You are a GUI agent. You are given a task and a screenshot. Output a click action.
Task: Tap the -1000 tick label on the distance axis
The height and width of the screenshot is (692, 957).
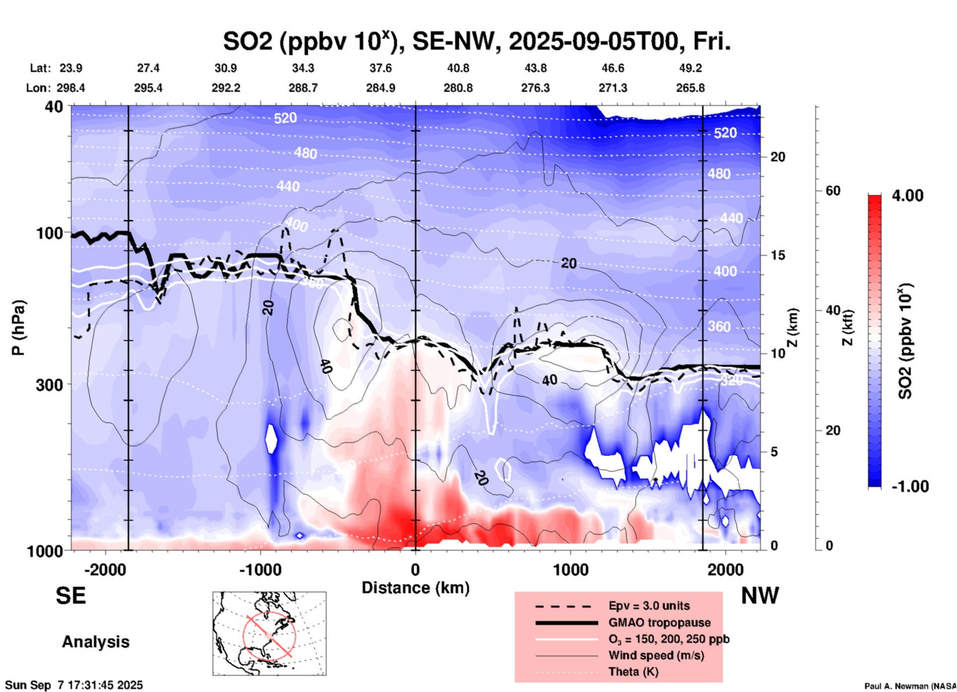coord(260,569)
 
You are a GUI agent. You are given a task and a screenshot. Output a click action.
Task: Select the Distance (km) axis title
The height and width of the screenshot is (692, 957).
coord(415,588)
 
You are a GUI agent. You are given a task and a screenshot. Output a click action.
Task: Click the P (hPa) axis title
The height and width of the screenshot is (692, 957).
coord(18,328)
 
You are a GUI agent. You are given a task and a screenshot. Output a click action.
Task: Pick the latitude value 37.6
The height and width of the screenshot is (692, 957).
coord(381,68)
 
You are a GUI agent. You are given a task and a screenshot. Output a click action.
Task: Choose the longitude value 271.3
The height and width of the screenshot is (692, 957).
coord(613,88)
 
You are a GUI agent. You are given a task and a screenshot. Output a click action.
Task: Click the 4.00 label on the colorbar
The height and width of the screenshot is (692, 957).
coord(907,196)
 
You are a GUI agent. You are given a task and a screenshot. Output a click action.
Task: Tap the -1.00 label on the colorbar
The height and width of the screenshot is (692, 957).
coord(910,486)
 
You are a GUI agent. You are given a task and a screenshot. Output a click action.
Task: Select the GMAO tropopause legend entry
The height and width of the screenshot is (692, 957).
coord(659,623)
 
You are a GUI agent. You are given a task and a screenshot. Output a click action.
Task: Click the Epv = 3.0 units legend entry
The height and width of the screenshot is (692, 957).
coord(649,606)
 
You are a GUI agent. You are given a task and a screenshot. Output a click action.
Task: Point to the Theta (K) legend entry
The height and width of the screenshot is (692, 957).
coord(633,672)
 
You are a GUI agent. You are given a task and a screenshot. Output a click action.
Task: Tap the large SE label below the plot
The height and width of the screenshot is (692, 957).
coord(71,596)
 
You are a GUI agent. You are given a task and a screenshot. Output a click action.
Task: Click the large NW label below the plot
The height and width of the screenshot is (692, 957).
coord(760,596)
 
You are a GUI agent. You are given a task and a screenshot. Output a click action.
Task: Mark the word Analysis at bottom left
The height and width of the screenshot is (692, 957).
coord(95,642)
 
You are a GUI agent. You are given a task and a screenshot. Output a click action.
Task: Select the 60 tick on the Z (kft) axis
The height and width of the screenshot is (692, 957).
coord(833,191)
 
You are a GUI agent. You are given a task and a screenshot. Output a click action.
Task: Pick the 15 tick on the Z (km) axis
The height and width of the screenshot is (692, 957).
coord(778,255)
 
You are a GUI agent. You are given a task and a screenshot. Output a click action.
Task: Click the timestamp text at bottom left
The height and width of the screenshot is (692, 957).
coord(74,685)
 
